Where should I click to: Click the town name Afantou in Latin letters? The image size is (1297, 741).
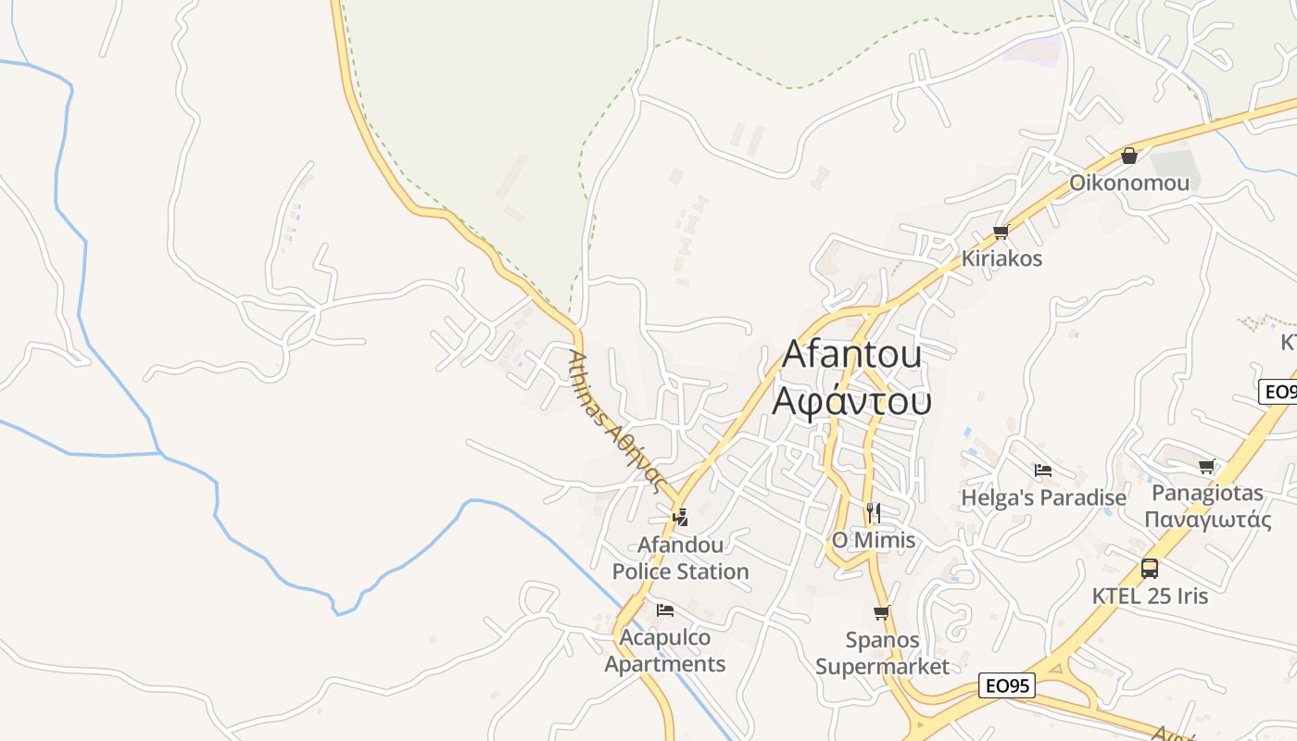point(852,354)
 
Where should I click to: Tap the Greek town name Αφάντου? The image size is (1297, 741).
point(852,400)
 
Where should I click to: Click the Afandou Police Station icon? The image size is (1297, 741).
point(681,517)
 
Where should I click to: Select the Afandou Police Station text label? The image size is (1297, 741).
point(681,558)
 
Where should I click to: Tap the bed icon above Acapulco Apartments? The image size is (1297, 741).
point(664,609)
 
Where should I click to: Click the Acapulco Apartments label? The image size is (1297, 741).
point(665,650)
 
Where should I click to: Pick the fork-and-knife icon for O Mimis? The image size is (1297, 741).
point(873,512)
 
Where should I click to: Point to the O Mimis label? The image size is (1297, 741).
point(873,540)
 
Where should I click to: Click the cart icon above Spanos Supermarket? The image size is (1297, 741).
point(881,612)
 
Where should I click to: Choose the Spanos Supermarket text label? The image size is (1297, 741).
point(882,653)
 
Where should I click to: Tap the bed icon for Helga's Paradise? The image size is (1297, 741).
point(1043,471)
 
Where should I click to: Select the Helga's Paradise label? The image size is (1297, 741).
point(1043,497)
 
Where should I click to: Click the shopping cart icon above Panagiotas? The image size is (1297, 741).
point(1206,466)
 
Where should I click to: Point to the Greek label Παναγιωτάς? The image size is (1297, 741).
point(1208,519)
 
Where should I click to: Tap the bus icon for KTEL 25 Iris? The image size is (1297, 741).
point(1150,568)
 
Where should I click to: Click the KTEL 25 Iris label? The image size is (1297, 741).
point(1150,596)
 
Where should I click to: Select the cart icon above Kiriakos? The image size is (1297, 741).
point(1001,232)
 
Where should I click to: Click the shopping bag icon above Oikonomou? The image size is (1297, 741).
point(1128,156)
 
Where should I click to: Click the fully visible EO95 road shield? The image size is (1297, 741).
point(1007,686)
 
